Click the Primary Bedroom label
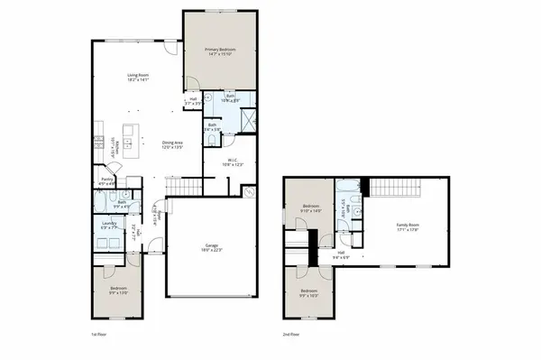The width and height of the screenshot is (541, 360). click(x=219, y=52)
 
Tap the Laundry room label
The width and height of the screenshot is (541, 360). click(x=111, y=226)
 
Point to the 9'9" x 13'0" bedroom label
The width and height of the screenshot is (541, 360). click(x=119, y=291)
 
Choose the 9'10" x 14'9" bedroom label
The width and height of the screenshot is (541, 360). click(x=312, y=208)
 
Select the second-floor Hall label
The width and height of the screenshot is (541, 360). click(x=341, y=254)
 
